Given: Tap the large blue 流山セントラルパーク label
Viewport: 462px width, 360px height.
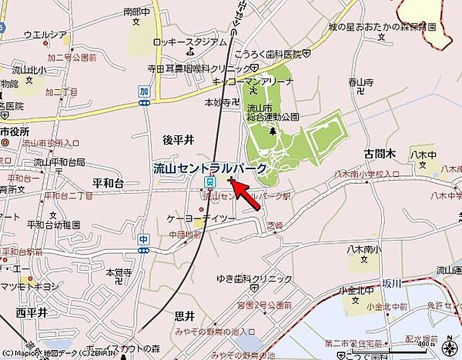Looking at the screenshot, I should click(209, 167).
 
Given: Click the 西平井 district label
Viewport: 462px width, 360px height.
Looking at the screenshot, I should click(32, 312).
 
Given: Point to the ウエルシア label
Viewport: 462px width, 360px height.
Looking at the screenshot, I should click(45, 35).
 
